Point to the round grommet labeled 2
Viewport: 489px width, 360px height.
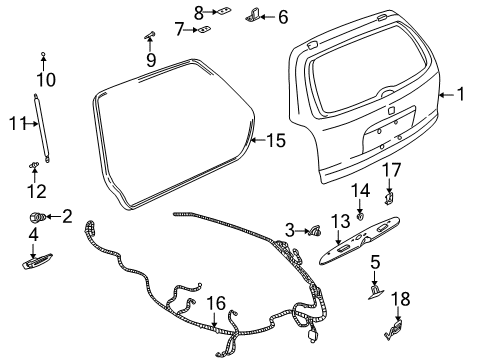coord(39,216)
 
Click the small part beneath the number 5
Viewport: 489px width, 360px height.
coord(374,291)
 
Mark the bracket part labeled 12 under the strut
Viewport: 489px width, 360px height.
coord(35,166)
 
